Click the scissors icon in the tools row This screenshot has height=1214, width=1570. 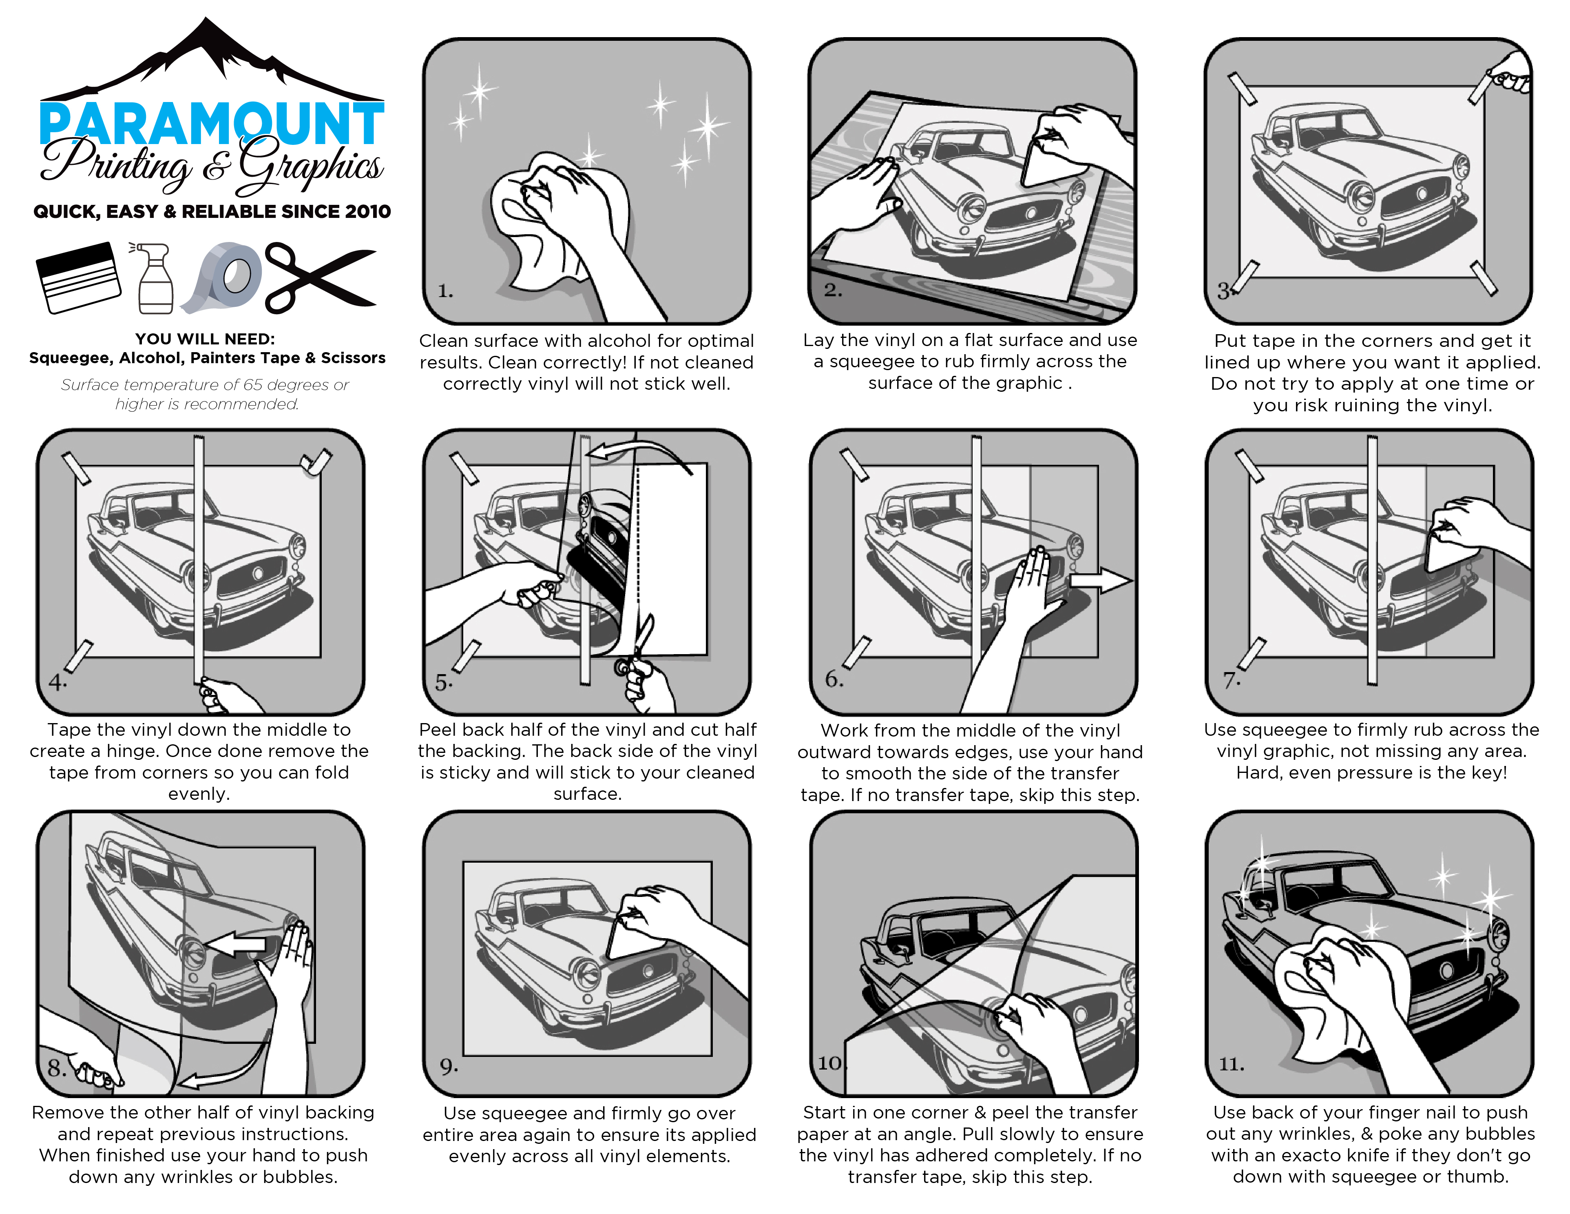[x=319, y=277]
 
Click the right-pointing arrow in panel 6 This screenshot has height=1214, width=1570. [x=1100, y=580]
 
